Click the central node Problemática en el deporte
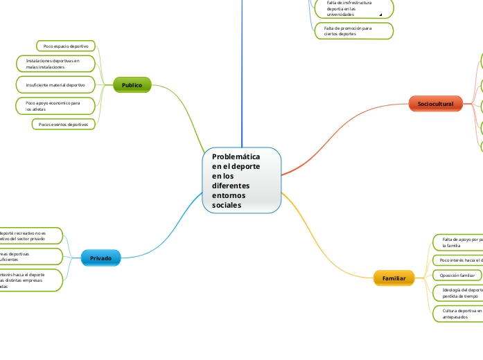[242, 181]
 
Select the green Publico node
[132, 85]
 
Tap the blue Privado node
[100, 258]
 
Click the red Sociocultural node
[435, 104]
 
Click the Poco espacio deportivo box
[66, 46]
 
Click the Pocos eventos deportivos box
[64, 125]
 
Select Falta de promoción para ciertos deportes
[353, 30]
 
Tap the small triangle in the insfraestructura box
[380, 14]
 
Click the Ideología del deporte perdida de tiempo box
[457, 292]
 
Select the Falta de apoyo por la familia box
[457, 242]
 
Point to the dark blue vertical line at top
[243, 69]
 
